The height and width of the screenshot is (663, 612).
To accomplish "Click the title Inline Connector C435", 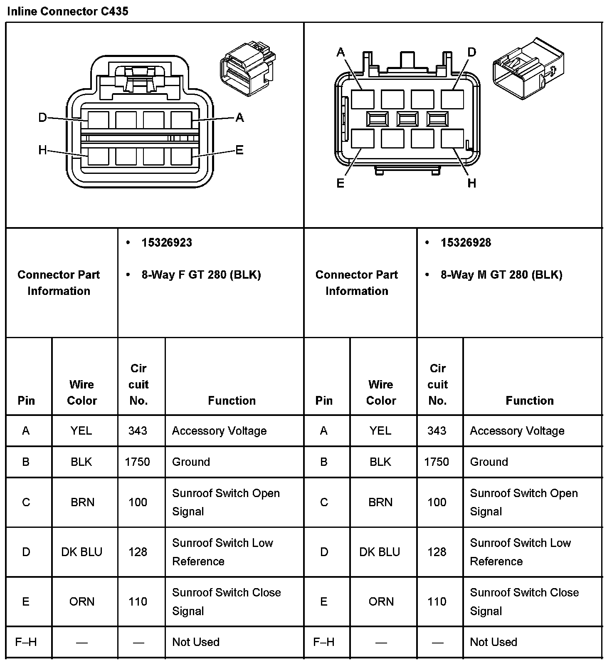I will [68, 11].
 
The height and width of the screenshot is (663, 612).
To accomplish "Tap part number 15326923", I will [167, 243].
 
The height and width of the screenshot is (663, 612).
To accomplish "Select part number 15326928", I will [466, 243].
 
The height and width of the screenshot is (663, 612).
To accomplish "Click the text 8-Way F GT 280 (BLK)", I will [201, 275].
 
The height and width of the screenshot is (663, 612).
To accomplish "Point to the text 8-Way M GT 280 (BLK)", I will [501, 275].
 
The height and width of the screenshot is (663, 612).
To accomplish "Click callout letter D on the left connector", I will [42, 118].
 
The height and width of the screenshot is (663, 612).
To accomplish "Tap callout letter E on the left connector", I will [239, 150].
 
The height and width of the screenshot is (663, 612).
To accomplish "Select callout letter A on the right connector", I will [341, 52].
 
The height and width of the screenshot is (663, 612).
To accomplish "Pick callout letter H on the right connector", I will [471, 183].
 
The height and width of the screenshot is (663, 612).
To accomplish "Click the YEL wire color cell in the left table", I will [81, 431].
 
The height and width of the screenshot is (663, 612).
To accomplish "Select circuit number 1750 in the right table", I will [437, 462].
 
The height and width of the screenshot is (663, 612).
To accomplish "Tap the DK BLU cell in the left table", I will [81, 552].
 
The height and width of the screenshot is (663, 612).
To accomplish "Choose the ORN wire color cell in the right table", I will [381, 601].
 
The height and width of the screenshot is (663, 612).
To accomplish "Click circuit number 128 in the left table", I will [138, 552].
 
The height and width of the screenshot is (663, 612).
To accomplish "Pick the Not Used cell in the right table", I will [494, 642].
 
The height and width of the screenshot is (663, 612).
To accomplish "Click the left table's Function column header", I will [232, 401].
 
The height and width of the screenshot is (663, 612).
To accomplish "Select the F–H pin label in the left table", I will [26, 642].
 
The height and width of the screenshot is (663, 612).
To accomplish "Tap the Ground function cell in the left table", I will [191, 462].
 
